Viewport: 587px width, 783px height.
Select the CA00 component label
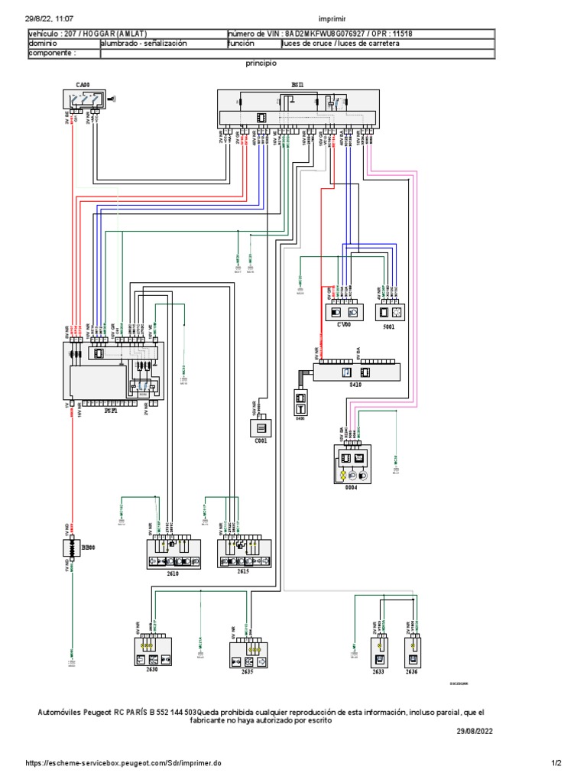82,83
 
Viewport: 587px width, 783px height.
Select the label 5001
389,325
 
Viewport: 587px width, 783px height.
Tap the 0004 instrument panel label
352,488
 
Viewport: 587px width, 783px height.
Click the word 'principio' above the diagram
261,65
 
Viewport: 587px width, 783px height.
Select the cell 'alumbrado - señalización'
144,44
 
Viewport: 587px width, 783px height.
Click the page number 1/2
556,762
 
